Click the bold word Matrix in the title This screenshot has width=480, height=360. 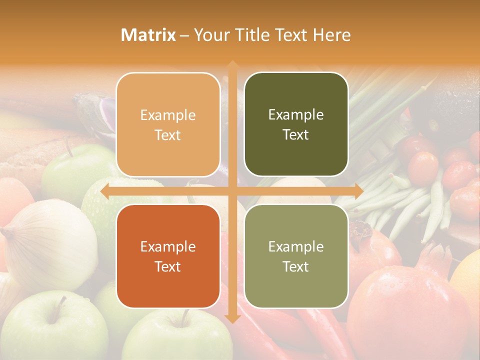tap(148, 35)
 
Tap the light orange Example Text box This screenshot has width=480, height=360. tap(168, 124)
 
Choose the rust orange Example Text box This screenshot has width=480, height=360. tap(168, 256)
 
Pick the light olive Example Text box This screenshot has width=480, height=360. tap(296, 256)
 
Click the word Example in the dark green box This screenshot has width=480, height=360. tap(296, 114)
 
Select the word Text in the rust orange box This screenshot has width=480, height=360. tap(168, 266)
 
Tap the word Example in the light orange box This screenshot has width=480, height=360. tap(168, 115)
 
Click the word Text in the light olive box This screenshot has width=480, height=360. tap(296, 266)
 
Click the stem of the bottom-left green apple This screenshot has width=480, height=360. tap(62, 302)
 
